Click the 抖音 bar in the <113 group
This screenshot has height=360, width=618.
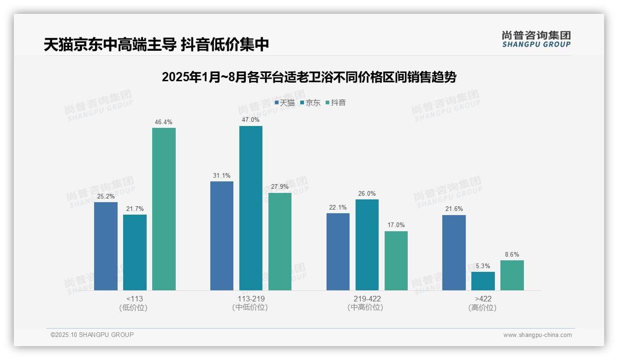(x=164, y=209)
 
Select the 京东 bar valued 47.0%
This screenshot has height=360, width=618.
(x=251, y=208)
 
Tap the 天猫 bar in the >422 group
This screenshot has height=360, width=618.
(x=454, y=252)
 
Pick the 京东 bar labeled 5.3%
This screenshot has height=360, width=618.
(x=483, y=281)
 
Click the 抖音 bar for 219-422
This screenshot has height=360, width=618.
(x=396, y=261)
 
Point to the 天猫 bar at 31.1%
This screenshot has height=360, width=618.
(x=222, y=236)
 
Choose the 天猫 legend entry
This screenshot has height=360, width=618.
(x=285, y=103)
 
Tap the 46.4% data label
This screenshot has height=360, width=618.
(x=164, y=122)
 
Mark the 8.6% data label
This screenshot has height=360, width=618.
(x=512, y=255)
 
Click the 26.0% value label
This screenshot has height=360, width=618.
(x=367, y=194)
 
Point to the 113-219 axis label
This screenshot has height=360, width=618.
(x=251, y=299)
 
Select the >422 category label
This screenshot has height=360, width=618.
(x=483, y=299)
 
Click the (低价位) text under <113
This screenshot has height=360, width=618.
(x=133, y=307)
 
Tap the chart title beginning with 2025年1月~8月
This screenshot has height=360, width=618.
(x=309, y=77)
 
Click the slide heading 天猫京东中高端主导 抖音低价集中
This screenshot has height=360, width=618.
(x=156, y=45)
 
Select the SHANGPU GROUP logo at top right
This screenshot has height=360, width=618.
(x=536, y=39)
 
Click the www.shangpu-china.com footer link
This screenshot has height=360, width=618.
(x=537, y=335)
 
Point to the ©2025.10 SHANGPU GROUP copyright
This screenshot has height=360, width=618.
(x=92, y=335)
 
